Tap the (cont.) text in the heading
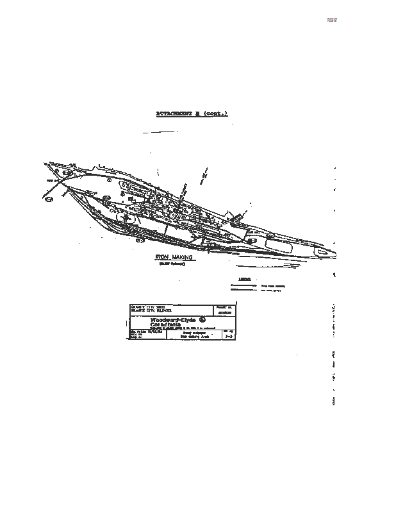215,114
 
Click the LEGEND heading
244,279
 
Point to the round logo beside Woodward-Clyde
202,319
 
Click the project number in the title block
224,312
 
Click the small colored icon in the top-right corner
332,20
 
